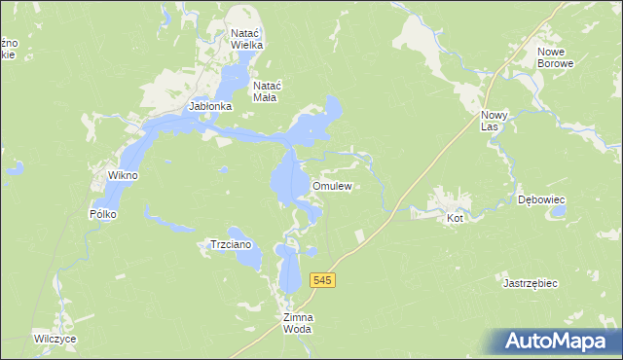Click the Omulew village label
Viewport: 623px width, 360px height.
pos(331,186)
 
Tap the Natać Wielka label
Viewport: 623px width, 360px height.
pos(247,38)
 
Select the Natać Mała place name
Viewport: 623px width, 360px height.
pos(266,90)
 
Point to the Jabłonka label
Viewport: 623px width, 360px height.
pos(210,106)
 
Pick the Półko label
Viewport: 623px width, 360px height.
pos(102,213)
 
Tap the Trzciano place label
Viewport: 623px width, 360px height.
pos(232,245)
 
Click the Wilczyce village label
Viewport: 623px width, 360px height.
pos(54,340)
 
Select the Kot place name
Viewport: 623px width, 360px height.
pos(454,219)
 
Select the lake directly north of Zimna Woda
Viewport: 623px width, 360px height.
pos(290,269)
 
